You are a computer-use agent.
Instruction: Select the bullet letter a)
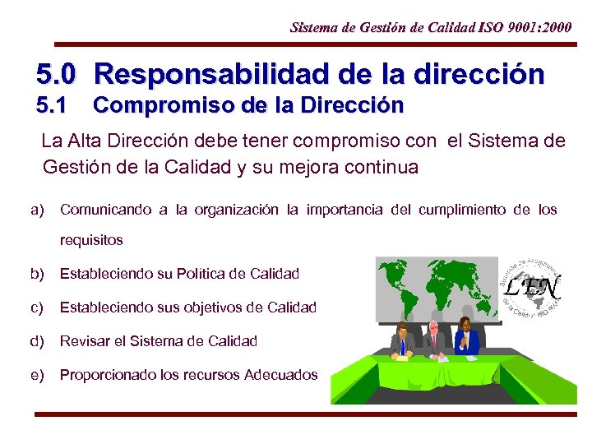click(37, 210)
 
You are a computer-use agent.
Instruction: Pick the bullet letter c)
click(37, 308)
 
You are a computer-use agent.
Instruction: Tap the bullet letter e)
click(37, 375)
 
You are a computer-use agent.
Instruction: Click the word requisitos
click(91, 240)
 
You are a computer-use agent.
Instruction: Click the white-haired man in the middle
click(433, 339)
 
